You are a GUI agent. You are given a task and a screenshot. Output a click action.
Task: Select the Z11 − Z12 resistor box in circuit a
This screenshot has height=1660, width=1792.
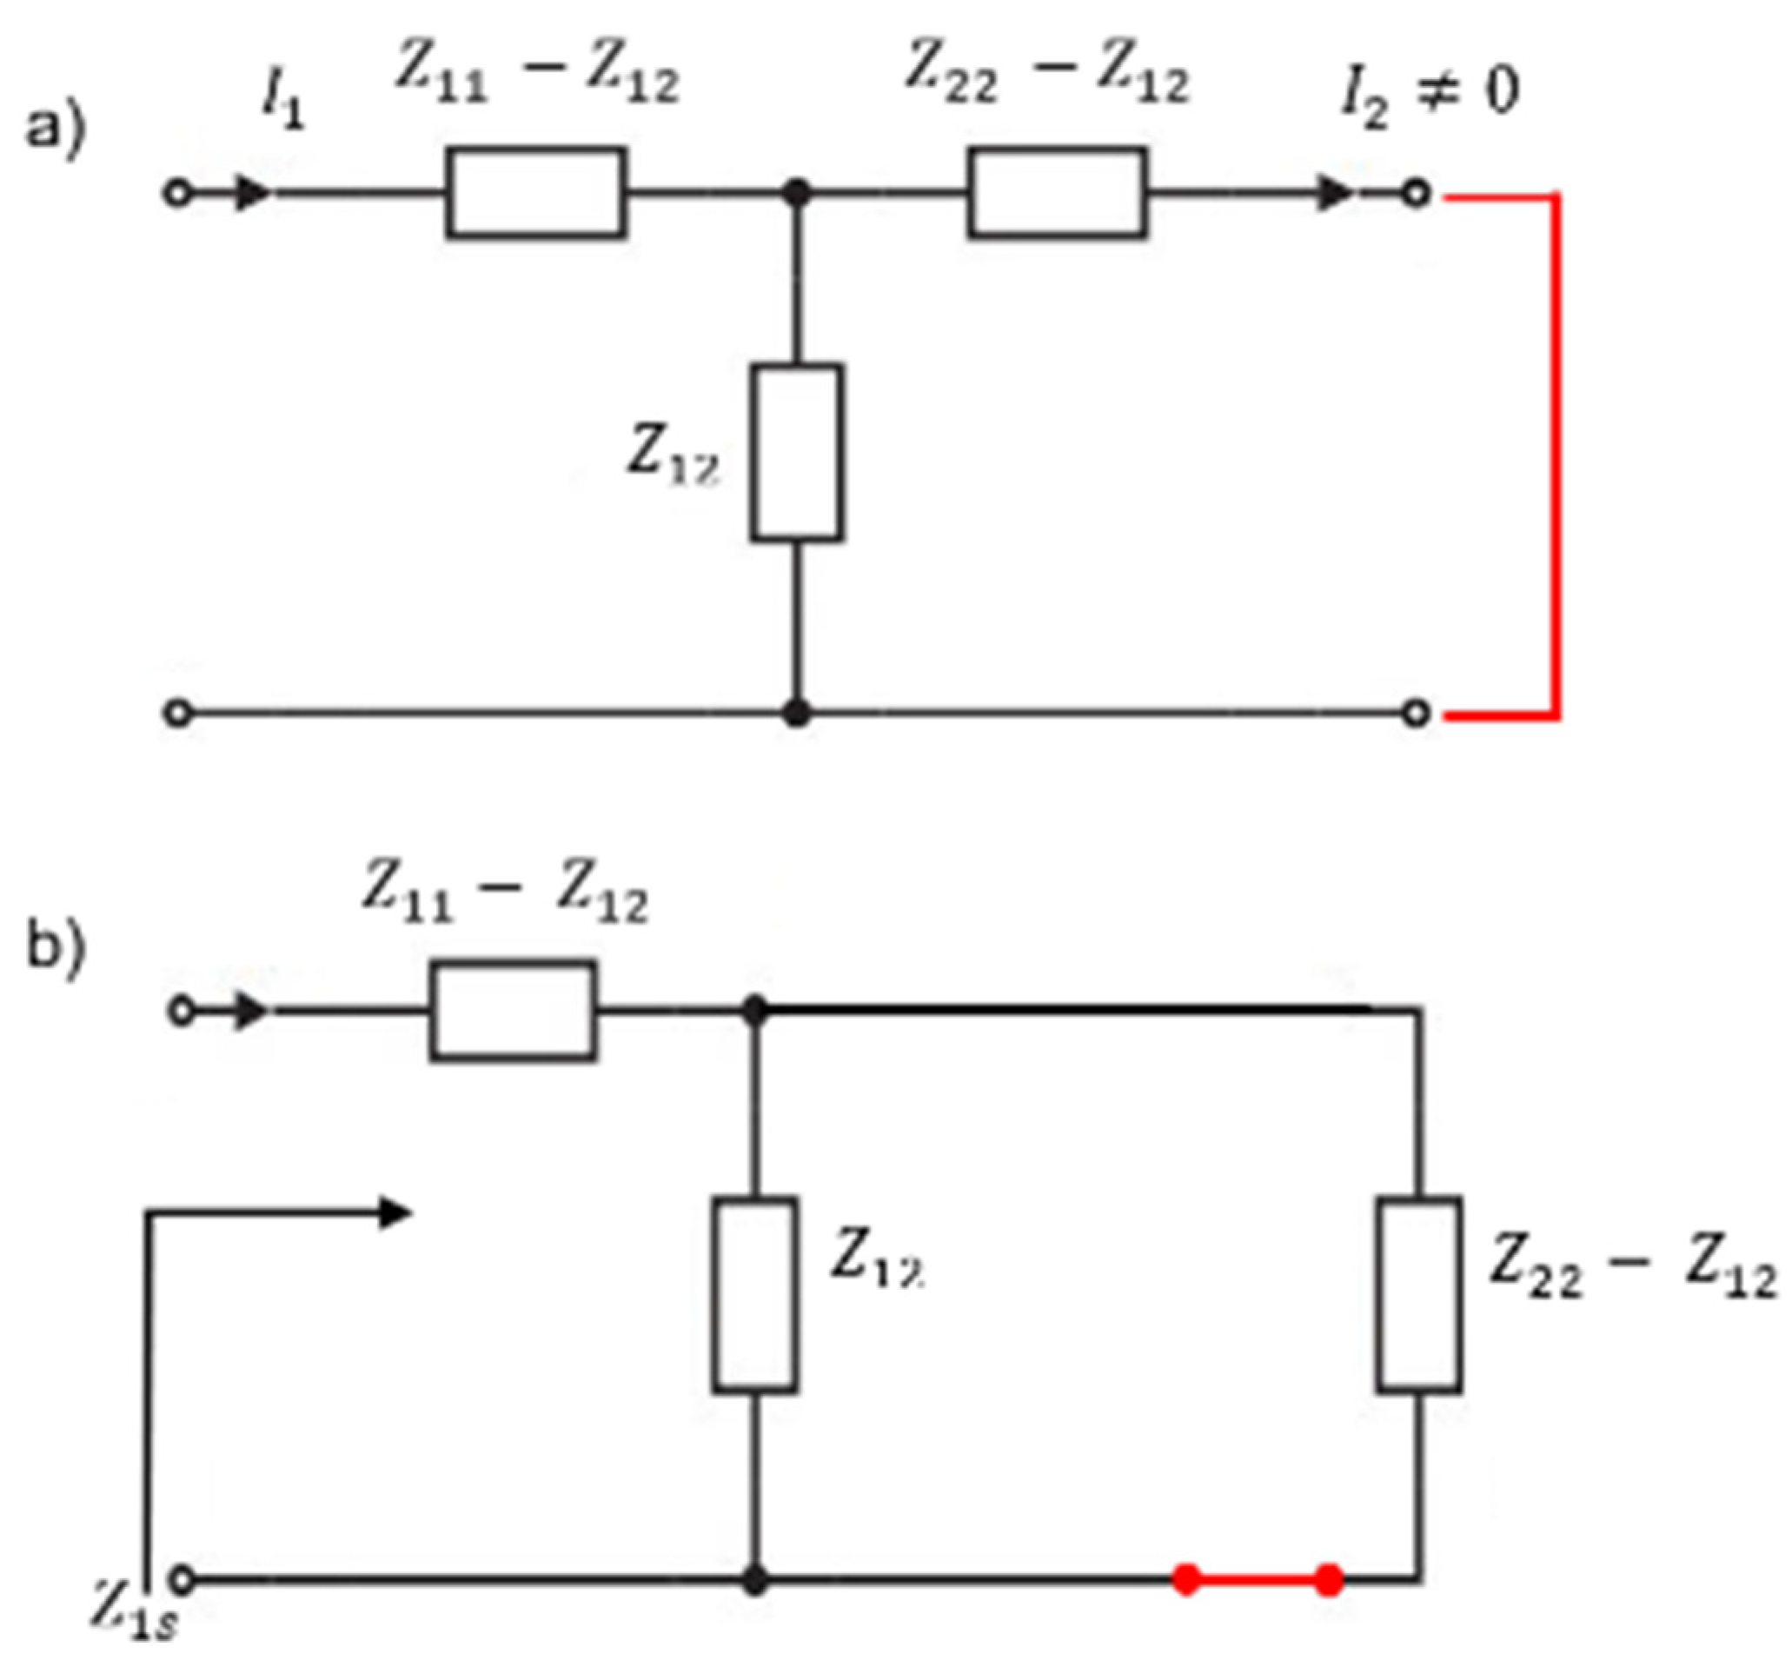[x=535, y=192]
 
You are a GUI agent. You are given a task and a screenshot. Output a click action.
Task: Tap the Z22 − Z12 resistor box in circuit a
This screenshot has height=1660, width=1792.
[x=1056, y=192]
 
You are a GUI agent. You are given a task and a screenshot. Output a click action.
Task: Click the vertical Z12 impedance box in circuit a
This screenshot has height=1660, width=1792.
[x=796, y=452]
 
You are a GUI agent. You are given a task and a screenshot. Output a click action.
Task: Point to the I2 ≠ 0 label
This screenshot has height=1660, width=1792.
[x=1428, y=97]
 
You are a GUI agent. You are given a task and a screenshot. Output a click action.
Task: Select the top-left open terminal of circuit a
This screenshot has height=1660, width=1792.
[x=178, y=193]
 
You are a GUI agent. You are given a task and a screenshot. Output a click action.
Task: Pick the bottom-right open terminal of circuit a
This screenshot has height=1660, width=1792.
[x=1416, y=714]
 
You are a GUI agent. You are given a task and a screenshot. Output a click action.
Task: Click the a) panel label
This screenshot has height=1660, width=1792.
[x=54, y=129]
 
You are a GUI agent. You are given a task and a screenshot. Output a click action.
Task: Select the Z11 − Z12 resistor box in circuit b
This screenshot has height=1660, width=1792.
[x=511, y=1011]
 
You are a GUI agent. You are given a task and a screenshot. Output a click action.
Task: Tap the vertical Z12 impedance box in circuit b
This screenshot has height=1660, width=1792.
[x=754, y=1294]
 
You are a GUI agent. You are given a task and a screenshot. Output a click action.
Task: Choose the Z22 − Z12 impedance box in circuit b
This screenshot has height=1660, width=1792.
[x=1418, y=1294]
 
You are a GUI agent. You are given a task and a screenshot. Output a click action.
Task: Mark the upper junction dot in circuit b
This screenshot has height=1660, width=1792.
[x=754, y=1011]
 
